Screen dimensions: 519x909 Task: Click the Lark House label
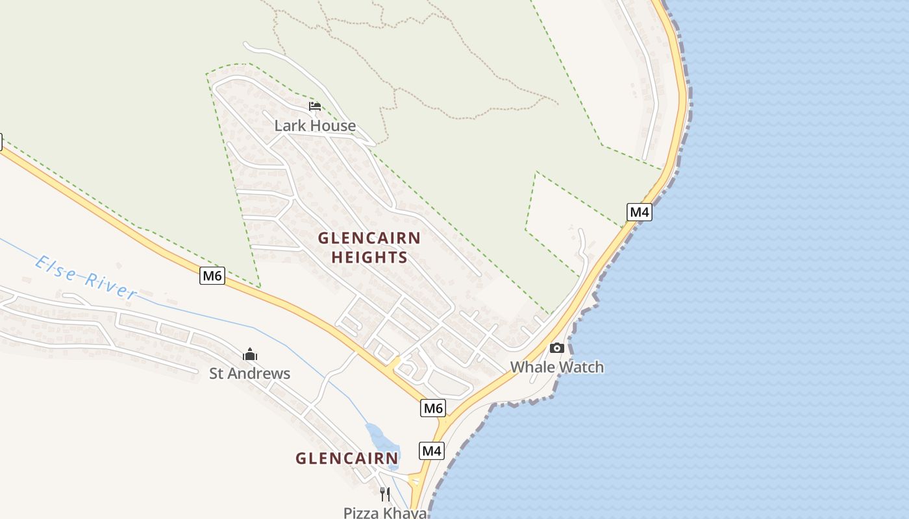coord(315,126)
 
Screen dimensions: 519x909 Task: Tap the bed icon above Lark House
coord(315,106)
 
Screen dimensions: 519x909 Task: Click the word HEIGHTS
coord(369,258)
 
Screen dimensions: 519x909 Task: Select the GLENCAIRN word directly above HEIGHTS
coord(369,238)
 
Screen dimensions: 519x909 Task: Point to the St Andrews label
coord(249,374)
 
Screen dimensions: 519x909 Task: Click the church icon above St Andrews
coord(250,354)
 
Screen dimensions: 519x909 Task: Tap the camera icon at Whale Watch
coord(556,348)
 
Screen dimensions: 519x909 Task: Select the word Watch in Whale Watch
coord(582,367)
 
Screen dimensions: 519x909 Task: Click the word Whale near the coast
coord(532,367)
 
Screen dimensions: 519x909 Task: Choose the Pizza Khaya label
coord(385,513)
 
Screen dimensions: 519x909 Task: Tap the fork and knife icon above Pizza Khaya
coord(385,494)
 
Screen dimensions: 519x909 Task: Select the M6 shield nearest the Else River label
coord(212,276)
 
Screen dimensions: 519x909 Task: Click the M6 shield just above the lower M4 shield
coord(433,408)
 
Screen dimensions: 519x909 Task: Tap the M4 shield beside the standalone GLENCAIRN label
coord(432,451)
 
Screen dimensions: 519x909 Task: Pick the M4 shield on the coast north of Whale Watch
coord(639,211)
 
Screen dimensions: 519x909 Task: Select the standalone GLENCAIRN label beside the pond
coord(347,459)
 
